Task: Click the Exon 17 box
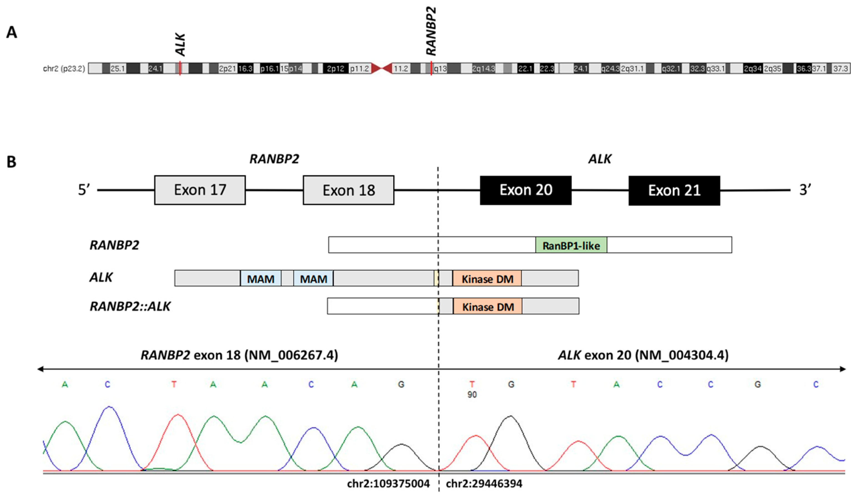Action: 200,190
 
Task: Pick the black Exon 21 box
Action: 674,191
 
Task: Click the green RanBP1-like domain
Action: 571,245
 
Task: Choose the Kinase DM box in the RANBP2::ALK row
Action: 488,307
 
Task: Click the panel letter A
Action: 12,33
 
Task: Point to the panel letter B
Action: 12,162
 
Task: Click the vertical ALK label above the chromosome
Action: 180,44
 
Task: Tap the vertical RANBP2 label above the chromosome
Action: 431,31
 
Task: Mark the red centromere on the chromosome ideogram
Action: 382,69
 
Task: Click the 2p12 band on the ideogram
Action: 335,69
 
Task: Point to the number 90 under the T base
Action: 472,394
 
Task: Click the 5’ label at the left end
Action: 84,190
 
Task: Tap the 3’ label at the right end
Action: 805,190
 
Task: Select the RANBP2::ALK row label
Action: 130,307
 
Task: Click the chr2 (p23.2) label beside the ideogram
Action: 64,69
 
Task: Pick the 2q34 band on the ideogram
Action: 753,69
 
